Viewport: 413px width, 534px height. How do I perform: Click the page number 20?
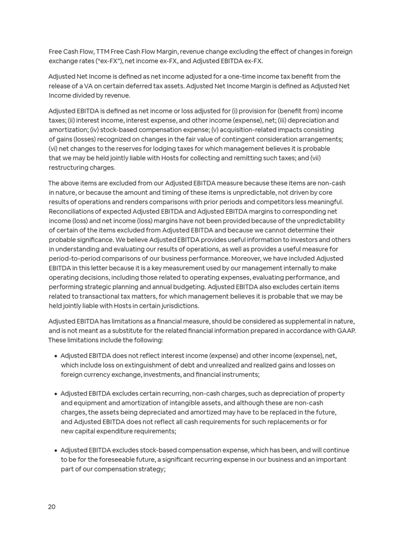coord(52,507)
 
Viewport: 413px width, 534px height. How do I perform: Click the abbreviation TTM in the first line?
coord(103,52)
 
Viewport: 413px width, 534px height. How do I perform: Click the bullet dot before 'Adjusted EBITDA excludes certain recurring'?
coord(55,394)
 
